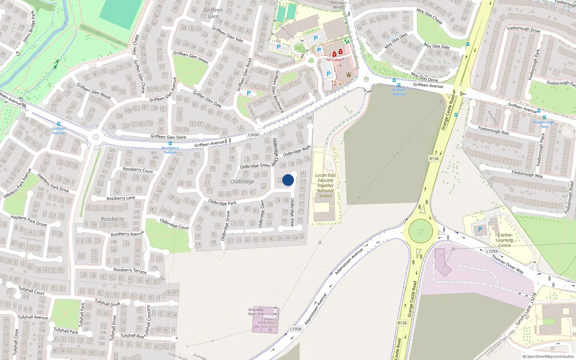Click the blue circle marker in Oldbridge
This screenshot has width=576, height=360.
(288, 180)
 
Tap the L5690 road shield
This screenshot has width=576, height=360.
(253, 135)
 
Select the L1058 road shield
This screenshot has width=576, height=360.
(296, 329)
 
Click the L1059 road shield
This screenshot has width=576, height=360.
(492, 251)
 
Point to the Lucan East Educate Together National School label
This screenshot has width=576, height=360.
(325, 185)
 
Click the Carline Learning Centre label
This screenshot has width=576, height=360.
(504, 240)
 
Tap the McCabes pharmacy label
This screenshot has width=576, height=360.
(334, 60)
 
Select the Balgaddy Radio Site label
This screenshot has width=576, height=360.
(256, 312)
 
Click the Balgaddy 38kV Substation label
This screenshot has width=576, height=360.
(265, 325)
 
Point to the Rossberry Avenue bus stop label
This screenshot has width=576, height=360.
(170, 150)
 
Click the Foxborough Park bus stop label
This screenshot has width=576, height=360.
(544, 124)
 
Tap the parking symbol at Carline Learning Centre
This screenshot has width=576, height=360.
(480, 229)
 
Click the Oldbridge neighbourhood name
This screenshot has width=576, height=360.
(242, 181)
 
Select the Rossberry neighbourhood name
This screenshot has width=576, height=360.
(112, 219)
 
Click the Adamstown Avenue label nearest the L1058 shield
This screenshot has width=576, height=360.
(316, 309)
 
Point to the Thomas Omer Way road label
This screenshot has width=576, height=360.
(508, 265)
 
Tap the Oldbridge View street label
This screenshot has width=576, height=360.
(292, 212)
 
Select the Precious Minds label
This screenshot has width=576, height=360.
(338, 5)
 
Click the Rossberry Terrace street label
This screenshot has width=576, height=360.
(130, 270)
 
